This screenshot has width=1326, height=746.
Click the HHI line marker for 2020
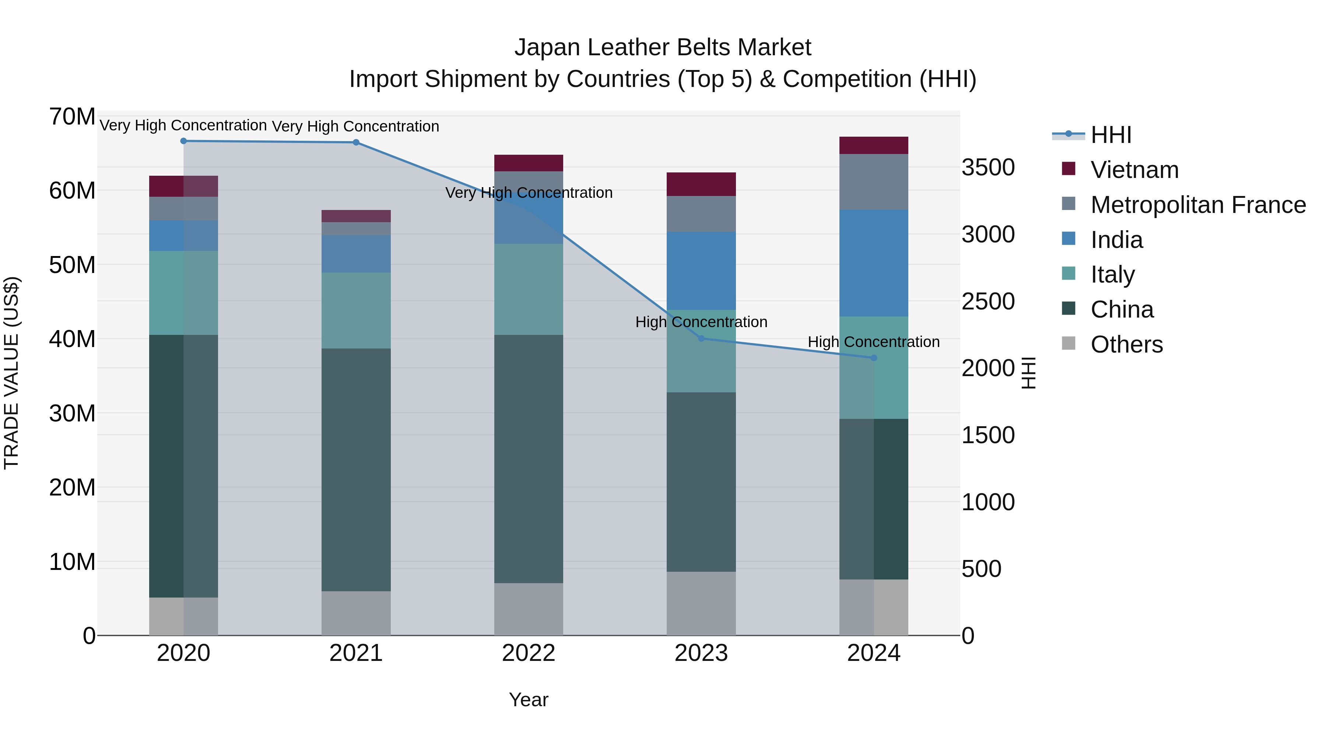click(x=183, y=141)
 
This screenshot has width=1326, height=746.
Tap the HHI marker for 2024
click(x=874, y=358)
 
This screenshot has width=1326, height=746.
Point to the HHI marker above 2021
click(x=356, y=143)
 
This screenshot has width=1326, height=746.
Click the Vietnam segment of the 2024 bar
click(x=874, y=146)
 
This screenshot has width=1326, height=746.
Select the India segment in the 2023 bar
click(x=701, y=271)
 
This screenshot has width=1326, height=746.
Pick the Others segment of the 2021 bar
click(x=356, y=613)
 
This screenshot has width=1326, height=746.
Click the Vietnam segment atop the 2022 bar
click(x=529, y=163)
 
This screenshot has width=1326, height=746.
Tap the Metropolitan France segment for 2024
click(x=874, y=182)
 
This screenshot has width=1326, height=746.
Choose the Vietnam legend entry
click(x=1134, y=170)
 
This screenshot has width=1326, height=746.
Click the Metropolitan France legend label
click(x=1198, y=205)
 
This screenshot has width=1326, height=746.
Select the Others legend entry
click(x=1126, y=344)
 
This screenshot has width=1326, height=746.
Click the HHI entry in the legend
click(x=1111, y=135)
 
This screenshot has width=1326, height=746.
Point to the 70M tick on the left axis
click(x=72, y=117)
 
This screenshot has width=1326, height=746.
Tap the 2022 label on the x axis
click(x=529, y=653)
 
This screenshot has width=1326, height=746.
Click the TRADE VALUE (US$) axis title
click(x=11, y=373)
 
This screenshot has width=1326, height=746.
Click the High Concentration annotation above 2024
click(x=874, y=342)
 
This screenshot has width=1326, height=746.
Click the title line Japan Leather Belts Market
click(x=663, y=48)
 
